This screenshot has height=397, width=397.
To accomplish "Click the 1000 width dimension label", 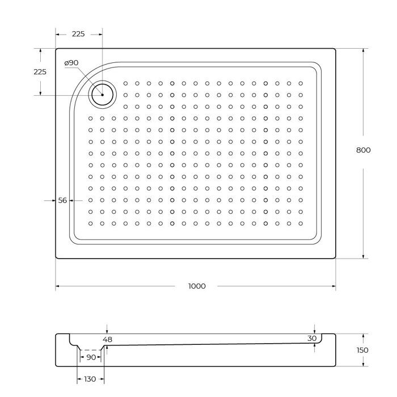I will click(197, 286).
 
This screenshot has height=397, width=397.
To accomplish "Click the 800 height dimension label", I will click(363, 150).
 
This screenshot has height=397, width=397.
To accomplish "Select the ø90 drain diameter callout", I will click(71, 62).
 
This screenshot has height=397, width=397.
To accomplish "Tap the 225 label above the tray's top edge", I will click(78, 34).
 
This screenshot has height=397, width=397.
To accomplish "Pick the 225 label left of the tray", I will click(40, 72).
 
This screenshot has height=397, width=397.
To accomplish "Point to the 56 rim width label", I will click(62, 201).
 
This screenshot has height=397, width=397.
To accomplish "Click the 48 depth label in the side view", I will click(108, 340).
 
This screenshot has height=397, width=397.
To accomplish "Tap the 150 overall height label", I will click(363, 350).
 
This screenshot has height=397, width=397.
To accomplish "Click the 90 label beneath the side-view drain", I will click(91, 357).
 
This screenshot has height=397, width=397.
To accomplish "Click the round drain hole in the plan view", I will click(103, 94).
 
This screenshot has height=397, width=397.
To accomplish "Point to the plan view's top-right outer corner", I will click(335, 49).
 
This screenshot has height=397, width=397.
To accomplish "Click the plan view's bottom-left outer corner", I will click(56, 259).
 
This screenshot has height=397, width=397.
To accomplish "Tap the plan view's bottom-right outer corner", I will click(335, 259).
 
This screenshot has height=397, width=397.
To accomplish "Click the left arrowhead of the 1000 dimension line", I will click(58, 286).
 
